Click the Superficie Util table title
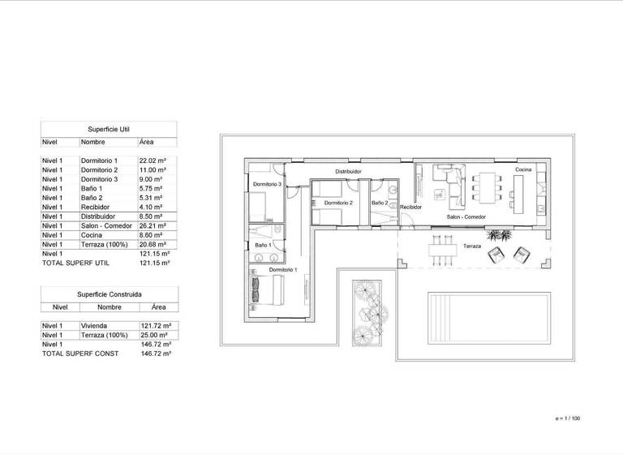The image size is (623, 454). [108, 128]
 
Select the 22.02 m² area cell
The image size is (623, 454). [153, 161]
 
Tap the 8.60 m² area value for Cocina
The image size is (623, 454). [153, 234]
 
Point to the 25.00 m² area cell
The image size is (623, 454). [153, 335]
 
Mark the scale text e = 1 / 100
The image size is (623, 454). [568, 418]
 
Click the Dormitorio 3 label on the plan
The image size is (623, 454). [266, 185]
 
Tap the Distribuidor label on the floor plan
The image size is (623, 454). [347, 172]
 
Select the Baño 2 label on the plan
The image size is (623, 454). [380, 203]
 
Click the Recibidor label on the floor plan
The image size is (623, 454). [411, 208]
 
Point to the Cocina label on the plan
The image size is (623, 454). [523, 169]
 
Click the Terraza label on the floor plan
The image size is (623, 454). [472, 245]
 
